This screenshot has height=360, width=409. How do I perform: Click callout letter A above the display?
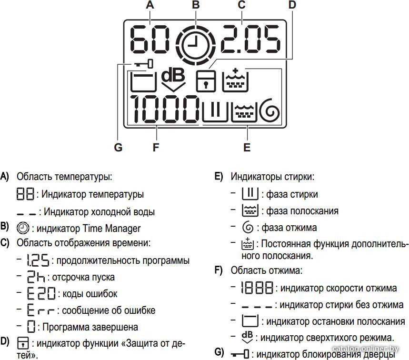(x=150, y=5)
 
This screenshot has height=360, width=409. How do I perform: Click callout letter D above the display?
(x=292, y=5)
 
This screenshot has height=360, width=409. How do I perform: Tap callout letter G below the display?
(x=118, y=148)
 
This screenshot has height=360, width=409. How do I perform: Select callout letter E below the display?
(x=247, y=148)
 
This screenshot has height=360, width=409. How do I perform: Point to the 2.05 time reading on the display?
(x=250, y=39)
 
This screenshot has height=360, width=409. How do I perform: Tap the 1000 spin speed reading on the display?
(x=165, y=109)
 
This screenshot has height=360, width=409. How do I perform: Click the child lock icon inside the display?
(x=206, y=81)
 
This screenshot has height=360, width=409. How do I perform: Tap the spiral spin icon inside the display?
(x=270, y=110)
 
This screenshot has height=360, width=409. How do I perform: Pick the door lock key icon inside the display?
(x=143, y=64)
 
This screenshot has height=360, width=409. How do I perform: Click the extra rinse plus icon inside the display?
(x=235, y=80)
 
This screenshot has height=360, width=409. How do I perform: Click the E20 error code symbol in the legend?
(x=41, y=293)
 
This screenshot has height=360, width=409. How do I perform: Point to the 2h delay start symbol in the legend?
(x=36, y=277)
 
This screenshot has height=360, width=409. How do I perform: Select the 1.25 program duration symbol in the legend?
(x=38, y=260)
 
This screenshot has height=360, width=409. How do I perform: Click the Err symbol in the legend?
(x=40, y=310)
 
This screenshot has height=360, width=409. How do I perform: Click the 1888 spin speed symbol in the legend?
(x=257, y=288)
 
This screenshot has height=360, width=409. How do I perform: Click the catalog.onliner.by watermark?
(x=366, y=349)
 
